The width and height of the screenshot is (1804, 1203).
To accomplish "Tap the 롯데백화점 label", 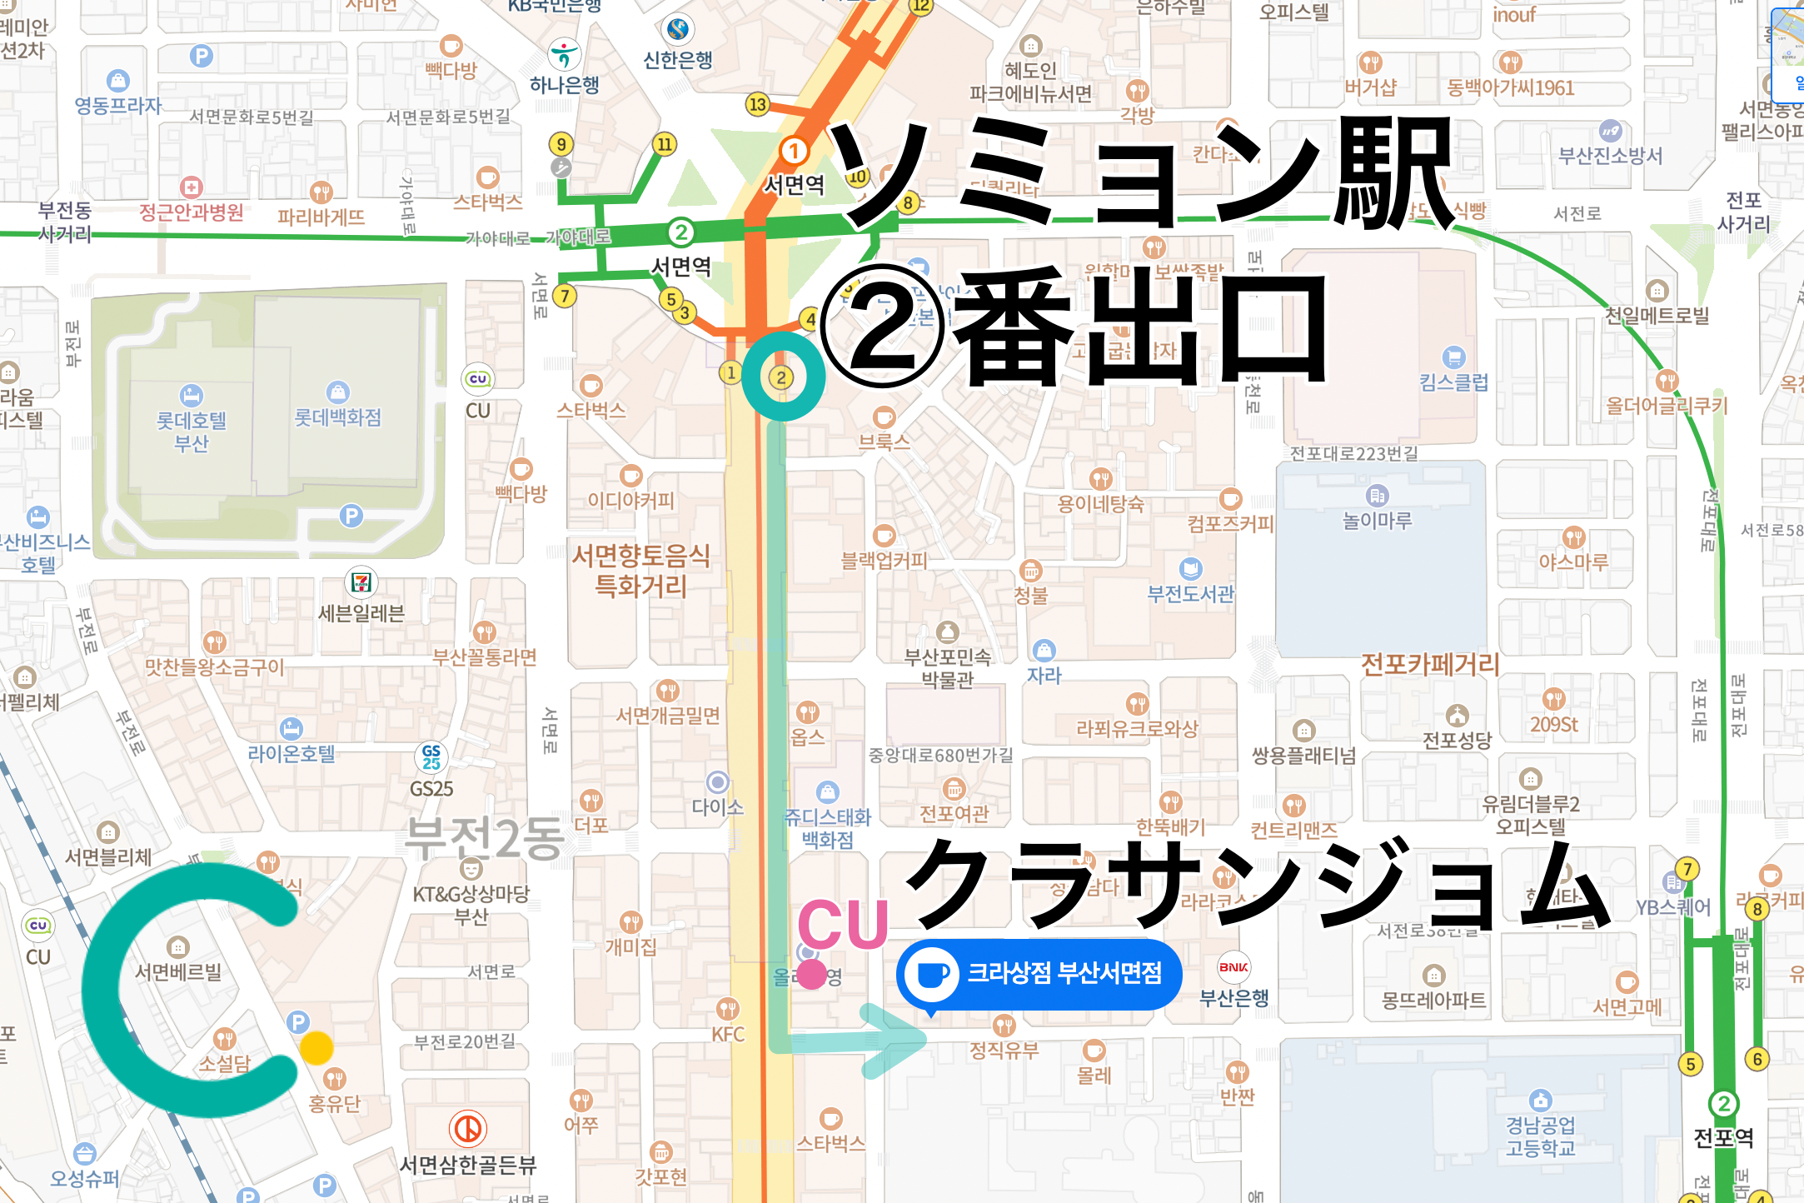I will tap(337, 417).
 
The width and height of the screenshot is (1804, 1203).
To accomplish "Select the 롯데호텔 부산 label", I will tap(192, 431).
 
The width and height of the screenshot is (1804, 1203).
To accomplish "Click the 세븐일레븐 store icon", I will tap(361, 582).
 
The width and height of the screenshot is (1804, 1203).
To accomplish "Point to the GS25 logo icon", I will tap(431, 756).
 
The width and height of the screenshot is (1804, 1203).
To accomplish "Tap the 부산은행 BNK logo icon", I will tap(1233, 967).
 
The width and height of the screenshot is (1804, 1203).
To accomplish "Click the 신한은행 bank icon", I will tap(678, 29).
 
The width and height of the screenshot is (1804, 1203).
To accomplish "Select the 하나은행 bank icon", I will tap(565, 56).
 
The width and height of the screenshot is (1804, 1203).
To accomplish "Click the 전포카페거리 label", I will tap(1430, 664).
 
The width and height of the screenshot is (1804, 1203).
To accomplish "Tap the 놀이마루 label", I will tap(1377, 520).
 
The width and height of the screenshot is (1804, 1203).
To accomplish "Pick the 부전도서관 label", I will tap(1190, 593).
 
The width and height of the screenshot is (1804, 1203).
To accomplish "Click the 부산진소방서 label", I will tap(1610, 155).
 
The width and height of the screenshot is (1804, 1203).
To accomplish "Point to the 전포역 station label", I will tap(1723, 1137).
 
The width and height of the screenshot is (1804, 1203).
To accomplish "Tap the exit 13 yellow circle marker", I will tap(757, 105).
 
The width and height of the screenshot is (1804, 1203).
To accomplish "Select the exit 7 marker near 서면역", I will tap(565, 296).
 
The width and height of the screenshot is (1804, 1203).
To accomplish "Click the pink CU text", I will tap(842, 925).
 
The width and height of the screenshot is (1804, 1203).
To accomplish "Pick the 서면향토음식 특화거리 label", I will tap(640, 571).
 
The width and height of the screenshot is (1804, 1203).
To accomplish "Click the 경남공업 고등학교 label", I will tap(1540, 1136).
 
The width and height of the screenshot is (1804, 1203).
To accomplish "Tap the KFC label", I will tap(728, 1034).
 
